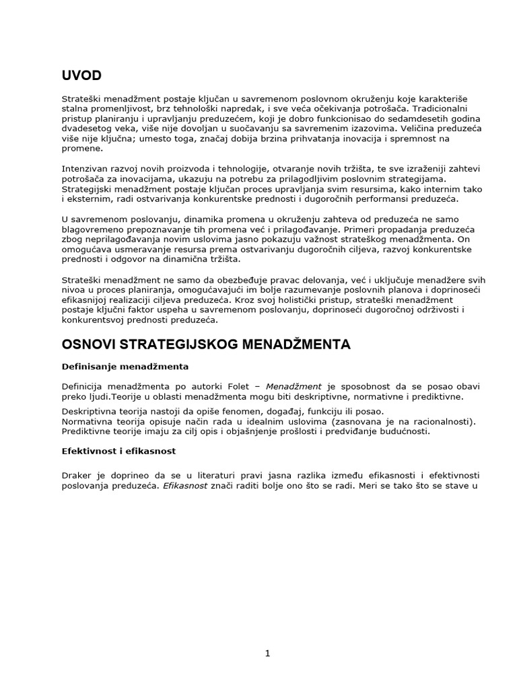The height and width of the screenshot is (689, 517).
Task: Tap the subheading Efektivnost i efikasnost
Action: coord(119,451)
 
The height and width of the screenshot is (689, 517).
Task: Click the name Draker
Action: coord(75,475)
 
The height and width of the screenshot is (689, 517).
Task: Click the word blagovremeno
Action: coord(93,229)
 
